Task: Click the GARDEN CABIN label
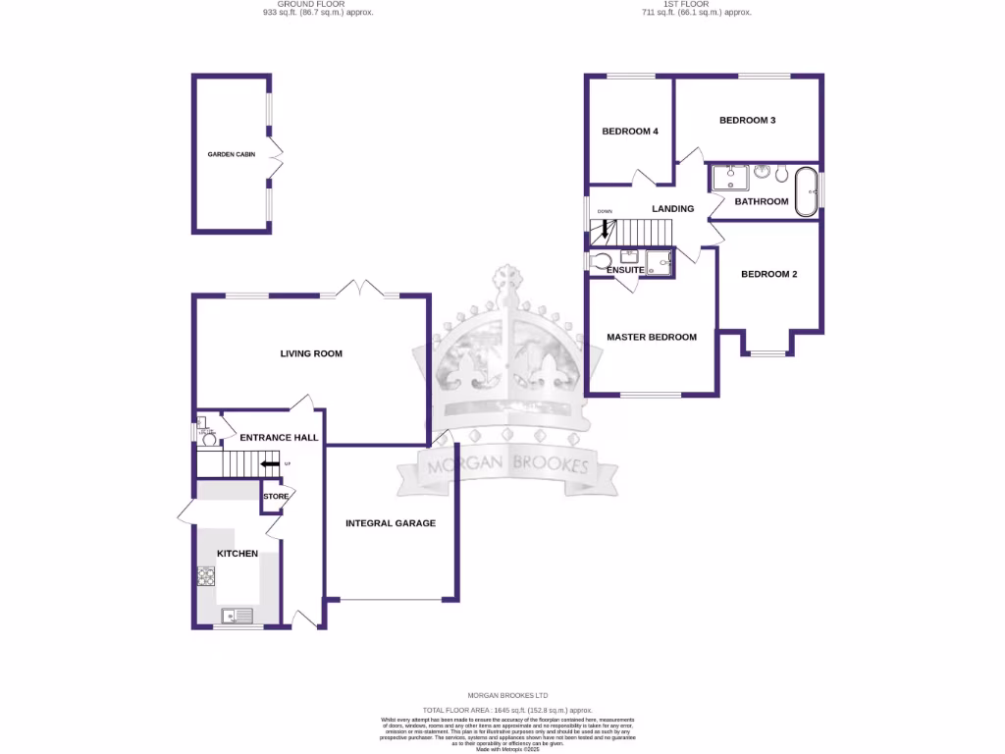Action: [x=231, y=154]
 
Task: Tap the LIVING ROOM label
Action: [x=311, y=353]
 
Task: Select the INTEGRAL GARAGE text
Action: [x=391, y=523]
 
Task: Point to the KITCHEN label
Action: [x=238, y=554]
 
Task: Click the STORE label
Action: [x=276, y=497]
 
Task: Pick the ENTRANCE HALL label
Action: [x=278, y=438]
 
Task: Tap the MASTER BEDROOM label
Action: [x=652, y=337]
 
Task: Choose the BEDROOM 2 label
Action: [x=768, y=274]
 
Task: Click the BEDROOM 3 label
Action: [x=748, y=121]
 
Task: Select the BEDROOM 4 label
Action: [x=630, y=132]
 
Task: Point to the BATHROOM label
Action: [x=762, y=201]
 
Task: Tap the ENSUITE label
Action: [x=625, y=270]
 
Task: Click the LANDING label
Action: [x=673, y=208]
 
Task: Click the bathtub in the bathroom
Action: [x=806, y=190]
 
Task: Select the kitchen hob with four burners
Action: [x=206, y=576]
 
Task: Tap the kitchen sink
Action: [x=237, y=616]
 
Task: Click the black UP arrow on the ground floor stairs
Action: [x=270, y=464]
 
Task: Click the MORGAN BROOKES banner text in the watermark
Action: [x=506, y=465]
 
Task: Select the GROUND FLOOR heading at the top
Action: [x=311, y=5]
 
